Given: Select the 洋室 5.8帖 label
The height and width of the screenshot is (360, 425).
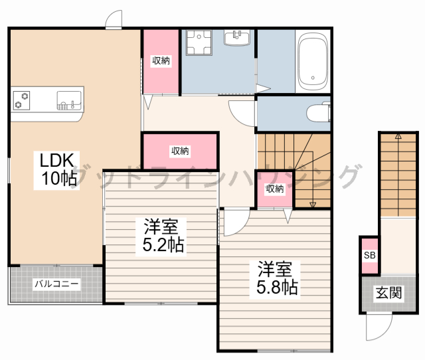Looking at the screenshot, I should (274, 278).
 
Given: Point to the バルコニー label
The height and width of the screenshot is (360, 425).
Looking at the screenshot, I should (56, 284).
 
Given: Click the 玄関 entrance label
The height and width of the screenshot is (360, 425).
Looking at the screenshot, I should (388, 292).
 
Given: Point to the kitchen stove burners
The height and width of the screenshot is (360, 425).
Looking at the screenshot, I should (22, 100).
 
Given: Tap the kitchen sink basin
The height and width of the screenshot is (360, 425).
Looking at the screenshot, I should (68, 100).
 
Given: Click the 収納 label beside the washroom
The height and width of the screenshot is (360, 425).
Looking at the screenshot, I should (161, 61).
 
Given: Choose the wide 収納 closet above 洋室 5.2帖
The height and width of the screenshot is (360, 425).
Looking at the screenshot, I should (180, 151).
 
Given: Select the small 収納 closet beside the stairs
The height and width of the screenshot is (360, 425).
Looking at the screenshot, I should (275, 189).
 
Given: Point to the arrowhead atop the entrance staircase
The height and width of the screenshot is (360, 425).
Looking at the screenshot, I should (398, 135).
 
